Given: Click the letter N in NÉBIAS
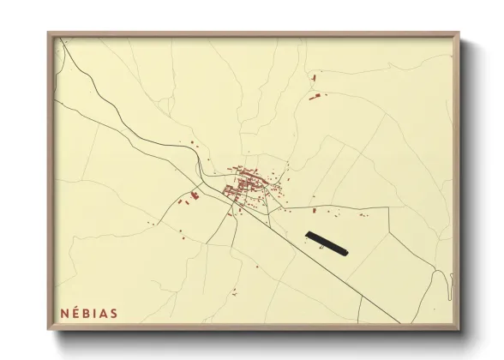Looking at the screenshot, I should point(64,313).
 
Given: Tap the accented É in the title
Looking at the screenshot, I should point(75,313).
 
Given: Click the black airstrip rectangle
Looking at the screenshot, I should point(327,243).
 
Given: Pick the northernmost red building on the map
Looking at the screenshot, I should point(314,79).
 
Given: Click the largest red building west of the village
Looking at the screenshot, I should point(195,196).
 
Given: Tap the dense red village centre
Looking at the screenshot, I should point(245,182).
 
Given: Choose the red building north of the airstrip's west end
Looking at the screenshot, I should point(315,209).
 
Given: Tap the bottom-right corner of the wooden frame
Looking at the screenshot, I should point(459,330).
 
